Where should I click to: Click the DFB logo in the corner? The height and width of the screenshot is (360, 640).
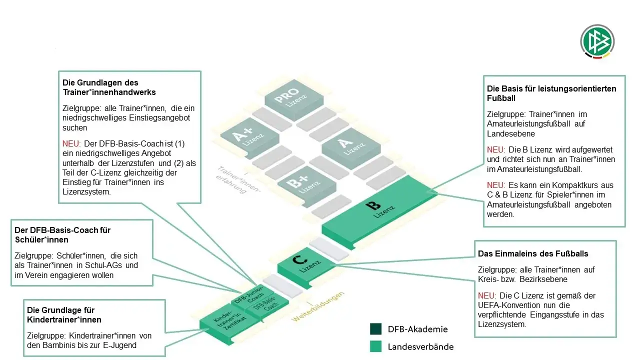(597, 41)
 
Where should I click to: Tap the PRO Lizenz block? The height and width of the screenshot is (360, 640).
(294, 99)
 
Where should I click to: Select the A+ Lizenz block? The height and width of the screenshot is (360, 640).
(249, 138)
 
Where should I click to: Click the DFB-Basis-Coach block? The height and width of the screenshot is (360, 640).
(266, 307)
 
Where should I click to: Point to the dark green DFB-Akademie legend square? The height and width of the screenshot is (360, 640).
(375, 329)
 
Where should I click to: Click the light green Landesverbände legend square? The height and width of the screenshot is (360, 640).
(375, 346)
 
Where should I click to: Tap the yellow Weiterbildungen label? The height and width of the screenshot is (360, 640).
(317, 306)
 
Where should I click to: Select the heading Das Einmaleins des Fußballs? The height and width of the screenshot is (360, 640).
(533, 253)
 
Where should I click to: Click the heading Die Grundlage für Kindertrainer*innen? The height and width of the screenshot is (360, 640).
(64, 315)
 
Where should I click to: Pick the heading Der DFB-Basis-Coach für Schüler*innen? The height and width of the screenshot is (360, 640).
(62, 235)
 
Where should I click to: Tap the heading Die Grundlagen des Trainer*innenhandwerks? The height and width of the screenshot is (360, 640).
(109, 87)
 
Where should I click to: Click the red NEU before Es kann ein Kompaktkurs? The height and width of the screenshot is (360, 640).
(495, 185)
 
